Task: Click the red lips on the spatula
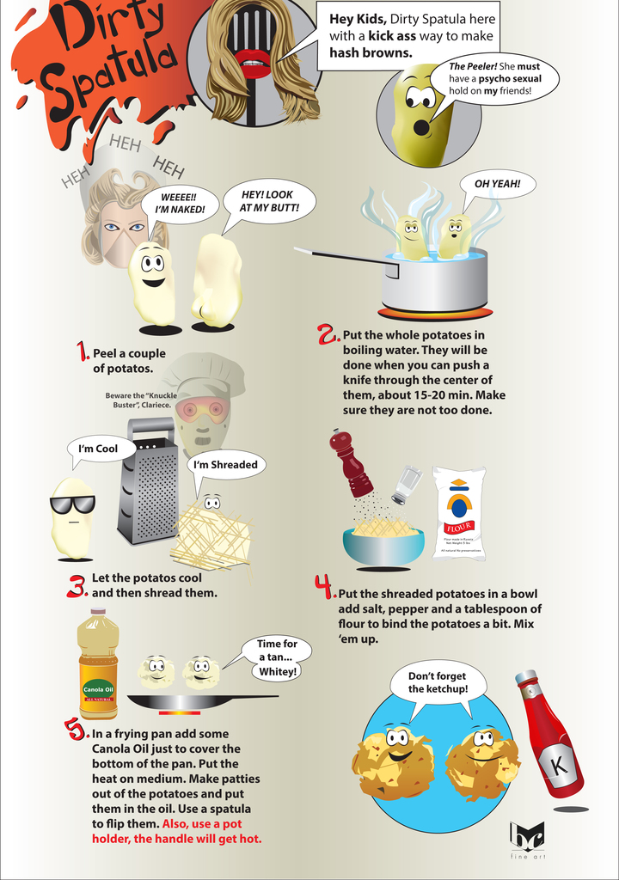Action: [253, 63]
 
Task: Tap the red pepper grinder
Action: [350, 464]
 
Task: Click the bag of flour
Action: [459, 513]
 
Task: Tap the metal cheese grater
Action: [148, 482]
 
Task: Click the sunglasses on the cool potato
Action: [72, 504]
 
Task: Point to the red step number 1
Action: [83, 351]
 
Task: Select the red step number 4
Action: [323, 587]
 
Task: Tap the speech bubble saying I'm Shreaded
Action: [225, 465]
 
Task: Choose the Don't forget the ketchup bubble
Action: [438, 682]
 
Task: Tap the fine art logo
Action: [526, 838]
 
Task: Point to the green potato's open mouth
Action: [421, 128]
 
